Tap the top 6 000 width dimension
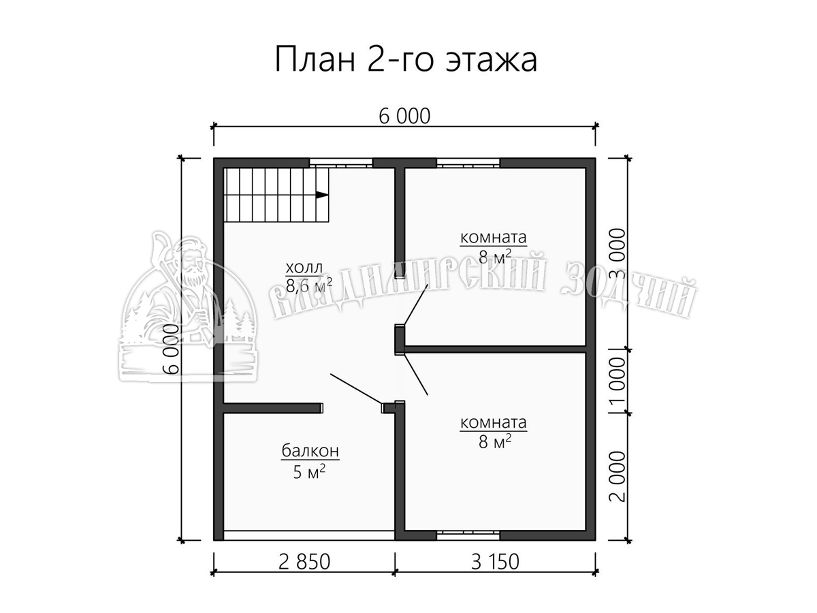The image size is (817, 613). pos(404,116)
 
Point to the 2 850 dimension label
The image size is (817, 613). pos(304,562)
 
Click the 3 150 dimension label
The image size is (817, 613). pos(495,562)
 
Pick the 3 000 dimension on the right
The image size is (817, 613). pos(618,253)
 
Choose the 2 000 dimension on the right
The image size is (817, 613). pos(618,476)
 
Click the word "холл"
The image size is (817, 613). pos(304,267)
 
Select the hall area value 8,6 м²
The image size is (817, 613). pos(309,286)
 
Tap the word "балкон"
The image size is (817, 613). pos(310,451)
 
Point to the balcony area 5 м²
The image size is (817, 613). pos(309,471)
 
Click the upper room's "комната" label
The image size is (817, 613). pos(494,237)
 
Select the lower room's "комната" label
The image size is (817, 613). pos(494,422)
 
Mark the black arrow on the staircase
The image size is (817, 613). pos(322,195)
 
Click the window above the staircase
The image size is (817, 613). pos(341,163)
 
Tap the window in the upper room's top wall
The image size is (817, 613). pos(468,163)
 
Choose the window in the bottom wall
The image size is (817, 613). pos(468,535)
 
